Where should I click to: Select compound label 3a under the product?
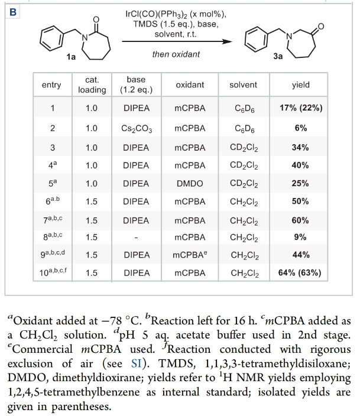pyautogui.click(x=278, y=57)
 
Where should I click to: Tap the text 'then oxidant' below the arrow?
pyautogui.click(x=176, y=54)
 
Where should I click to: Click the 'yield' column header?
pyautogui.click(x=300, y=85)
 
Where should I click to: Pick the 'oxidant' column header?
pyautogui.click(x=190, y=85)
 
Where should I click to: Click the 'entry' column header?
pyautogui.click(x=51, y=85)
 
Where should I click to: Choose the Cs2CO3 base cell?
pyautogui.click(x=137, y=128)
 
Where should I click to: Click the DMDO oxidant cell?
pyautogui.click(x=190, y=183)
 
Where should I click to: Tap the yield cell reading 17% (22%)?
pyautogui.click(x=300, y=109)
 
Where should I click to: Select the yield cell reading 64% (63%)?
pyautogui.click(x=300, y=274)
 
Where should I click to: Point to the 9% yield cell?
pyautogui.click(x=300, y=238)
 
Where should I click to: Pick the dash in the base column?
pyautogui.click(x=137, y=238)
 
